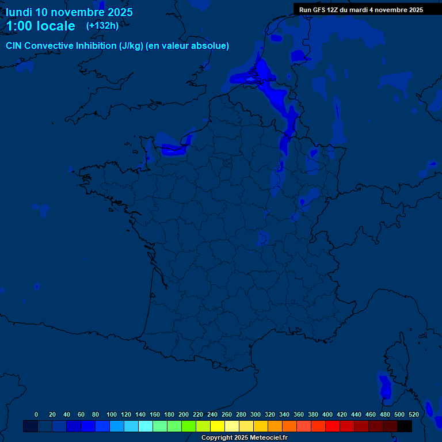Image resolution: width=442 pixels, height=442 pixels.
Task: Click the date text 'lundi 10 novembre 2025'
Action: (x=69, y=12)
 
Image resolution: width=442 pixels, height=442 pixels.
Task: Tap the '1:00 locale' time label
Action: (x=40, y=26)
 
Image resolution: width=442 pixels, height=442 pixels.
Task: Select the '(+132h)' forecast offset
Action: (x=102, y=25)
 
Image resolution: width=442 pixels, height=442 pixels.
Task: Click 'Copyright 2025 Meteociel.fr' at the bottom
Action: (x=244, y=438)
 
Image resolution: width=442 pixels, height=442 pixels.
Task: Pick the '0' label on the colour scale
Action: (x=36, y=414)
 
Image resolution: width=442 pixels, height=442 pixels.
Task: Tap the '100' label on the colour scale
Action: (x=112, y=414)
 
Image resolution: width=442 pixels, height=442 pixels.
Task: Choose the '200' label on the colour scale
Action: (x=184, y=414)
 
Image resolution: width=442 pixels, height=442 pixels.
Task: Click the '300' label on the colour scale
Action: (x=256, y=414)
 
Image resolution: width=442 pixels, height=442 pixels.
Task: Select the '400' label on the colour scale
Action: (x=327, y=414)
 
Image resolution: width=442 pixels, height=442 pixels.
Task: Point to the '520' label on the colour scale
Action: (x=413, y=414)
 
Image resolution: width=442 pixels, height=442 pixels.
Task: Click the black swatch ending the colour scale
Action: (x=405, y=426)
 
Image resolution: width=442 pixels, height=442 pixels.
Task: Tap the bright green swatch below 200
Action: (x=189, y=426)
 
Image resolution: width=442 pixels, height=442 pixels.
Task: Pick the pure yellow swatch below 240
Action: (x=218, y=426)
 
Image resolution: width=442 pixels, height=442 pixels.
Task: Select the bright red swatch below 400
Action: (x=333, y=426)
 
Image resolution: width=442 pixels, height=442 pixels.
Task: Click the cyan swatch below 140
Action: (x=146, y=426)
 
